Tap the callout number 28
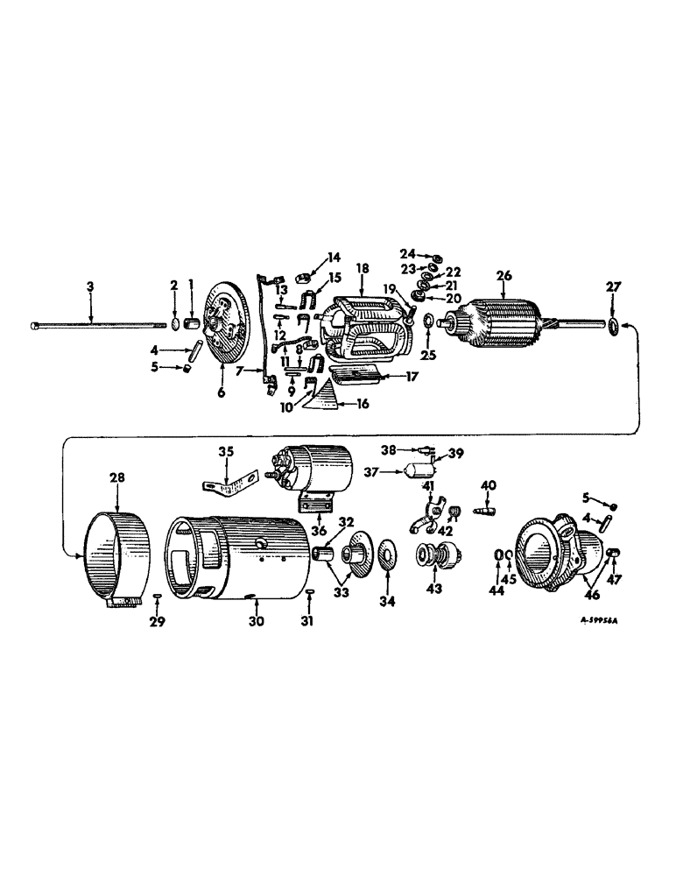point(117,477)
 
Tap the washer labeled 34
point(386,555)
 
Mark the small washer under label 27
point(612,328)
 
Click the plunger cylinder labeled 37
point(409,472)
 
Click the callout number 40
point(489,484)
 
